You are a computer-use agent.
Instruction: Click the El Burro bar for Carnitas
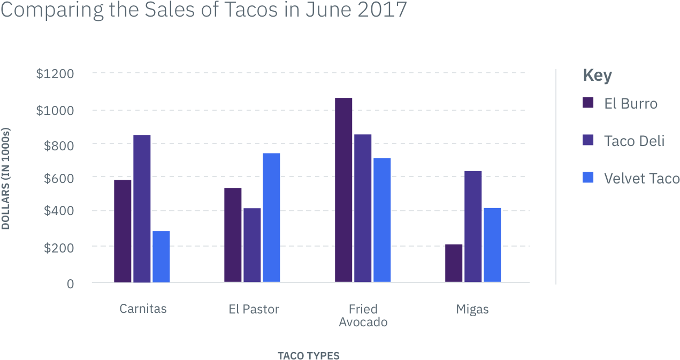pyautogui.click(x=123, y=231)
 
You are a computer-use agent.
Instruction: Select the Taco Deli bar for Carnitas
pyautogui.click(x=142, y=208)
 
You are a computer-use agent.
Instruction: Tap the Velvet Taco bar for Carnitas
pyautogui.click(x=161, y=256)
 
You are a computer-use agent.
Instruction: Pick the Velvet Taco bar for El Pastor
pyautogui.click(x=271, y=217)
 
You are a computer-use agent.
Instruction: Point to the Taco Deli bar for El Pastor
pyautogui.click(x=252, y=245)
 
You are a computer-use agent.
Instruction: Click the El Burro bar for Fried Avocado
pyautogui.click(x=343, y=190)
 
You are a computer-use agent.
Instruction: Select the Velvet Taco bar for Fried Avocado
pyautogui.click(x=382, y=220)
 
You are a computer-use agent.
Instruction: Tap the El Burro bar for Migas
pyautogui.click(x=454, y=263)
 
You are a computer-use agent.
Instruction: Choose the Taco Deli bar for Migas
pyautogui.click(x=473, y=226)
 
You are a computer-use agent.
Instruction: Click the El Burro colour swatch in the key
pyautogui.click(x=588, y=103)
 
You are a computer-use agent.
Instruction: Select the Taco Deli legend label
pyautogui.click(x=634, y=141)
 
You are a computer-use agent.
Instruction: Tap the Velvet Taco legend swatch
pyautogui.click(x=588, y=178)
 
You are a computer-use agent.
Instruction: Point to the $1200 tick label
pyautogui.click(x=55, y=73)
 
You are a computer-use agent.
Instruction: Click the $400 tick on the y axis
pyautogui.click(x=55, y=211)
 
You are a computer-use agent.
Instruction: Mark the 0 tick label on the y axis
pyautogui.click(x=70, y=284)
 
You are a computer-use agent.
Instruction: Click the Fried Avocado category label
pyautogui.click(x=363, y=316)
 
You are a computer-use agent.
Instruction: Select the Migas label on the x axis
pyautogui.click(x=472, y=309)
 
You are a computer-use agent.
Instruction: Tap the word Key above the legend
pyautogui.click(x=597, y=75)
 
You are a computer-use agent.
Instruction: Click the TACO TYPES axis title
pyautogui.click(x=308, y=355)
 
